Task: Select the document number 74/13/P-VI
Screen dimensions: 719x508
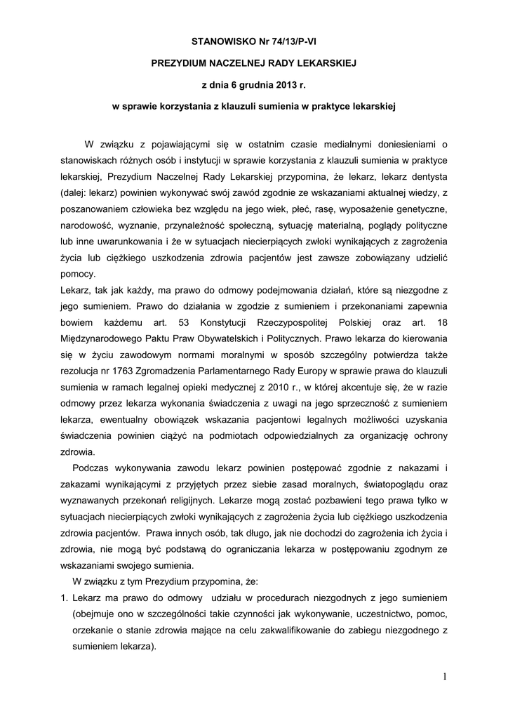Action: (x=290, y=41)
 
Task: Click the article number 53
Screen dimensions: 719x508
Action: (x=213, y=322)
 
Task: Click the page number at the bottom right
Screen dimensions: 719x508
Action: (x=444, y=676)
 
